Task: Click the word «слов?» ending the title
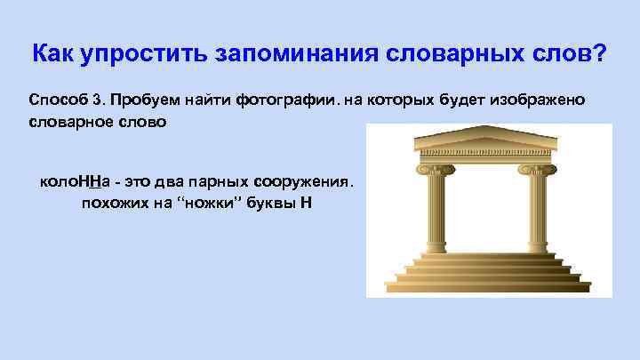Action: [572, 55]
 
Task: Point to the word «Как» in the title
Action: [52, 55]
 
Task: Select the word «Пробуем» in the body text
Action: [145, 100]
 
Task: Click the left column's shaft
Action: [436, 213]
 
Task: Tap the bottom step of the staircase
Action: [486, 289]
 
